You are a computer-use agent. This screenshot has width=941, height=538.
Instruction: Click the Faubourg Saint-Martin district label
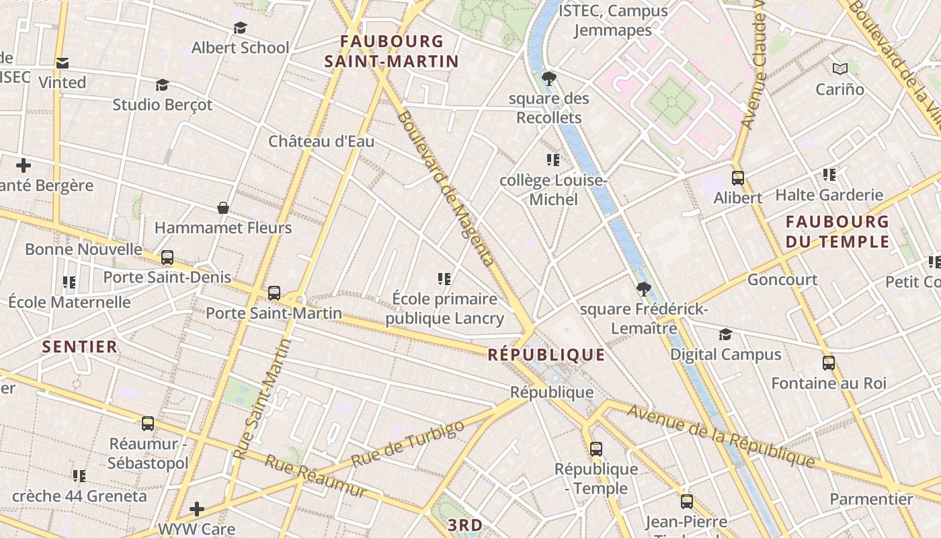point(391,52)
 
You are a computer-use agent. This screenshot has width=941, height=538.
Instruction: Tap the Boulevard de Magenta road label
point(445,188)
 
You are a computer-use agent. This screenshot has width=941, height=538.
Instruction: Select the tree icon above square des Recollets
point(548,79)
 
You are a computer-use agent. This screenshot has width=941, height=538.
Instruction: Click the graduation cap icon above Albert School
point(240,28)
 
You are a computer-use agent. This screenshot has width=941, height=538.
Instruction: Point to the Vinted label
point(62,82)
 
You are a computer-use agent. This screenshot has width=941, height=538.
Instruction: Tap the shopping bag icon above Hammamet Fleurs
point(223,208)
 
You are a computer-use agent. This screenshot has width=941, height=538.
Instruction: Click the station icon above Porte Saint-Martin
point(274,293)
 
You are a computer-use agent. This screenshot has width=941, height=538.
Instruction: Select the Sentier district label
point(80,347)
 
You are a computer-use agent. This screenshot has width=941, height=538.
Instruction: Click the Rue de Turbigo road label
point(407,444)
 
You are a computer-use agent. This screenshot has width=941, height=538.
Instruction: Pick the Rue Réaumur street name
point(316,476)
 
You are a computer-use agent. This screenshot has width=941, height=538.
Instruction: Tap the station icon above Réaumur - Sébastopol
point(148,423)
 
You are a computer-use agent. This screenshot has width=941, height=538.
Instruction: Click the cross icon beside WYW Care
point(196,508)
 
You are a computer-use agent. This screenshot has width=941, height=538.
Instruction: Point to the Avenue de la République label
point(721,437)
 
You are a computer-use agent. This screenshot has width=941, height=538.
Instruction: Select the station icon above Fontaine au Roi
point(829,362)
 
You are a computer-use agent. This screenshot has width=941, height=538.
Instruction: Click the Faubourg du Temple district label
point(837,231)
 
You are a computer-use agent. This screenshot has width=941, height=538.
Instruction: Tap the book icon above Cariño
point(840,69)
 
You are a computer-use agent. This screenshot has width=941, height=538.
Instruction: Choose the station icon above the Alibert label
point(737,178)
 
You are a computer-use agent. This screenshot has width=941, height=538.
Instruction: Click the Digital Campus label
point(725,354)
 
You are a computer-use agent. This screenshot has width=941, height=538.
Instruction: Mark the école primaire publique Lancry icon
point(444,278)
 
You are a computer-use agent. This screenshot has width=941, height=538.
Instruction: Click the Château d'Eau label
point(321,141)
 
